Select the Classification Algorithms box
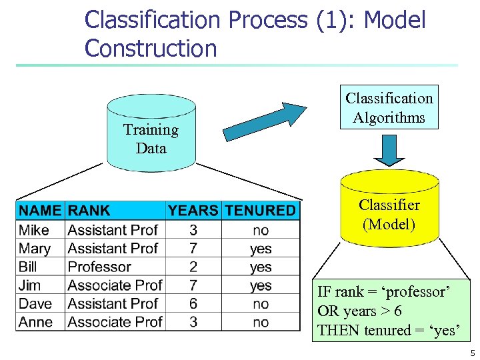[x=389, y=107]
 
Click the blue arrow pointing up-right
[x=264, y=121]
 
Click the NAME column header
[x=40, y=211]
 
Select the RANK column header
[x=89, y=211]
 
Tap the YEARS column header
[x=193, y=211]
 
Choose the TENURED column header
[x=260, y=211]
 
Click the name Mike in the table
[x=34, y=230]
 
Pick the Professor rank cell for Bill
[x=99, y=267]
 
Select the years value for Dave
[x=193, y=303]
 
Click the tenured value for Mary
[x=261, y=249]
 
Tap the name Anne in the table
[x=35, y=322]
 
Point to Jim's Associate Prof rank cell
[x=115, y=285]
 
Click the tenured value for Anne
[x=261, y=322]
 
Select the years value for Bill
[x=193, y=267]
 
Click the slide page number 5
[x=472, y=353]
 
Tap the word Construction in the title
[x=151, y=48]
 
